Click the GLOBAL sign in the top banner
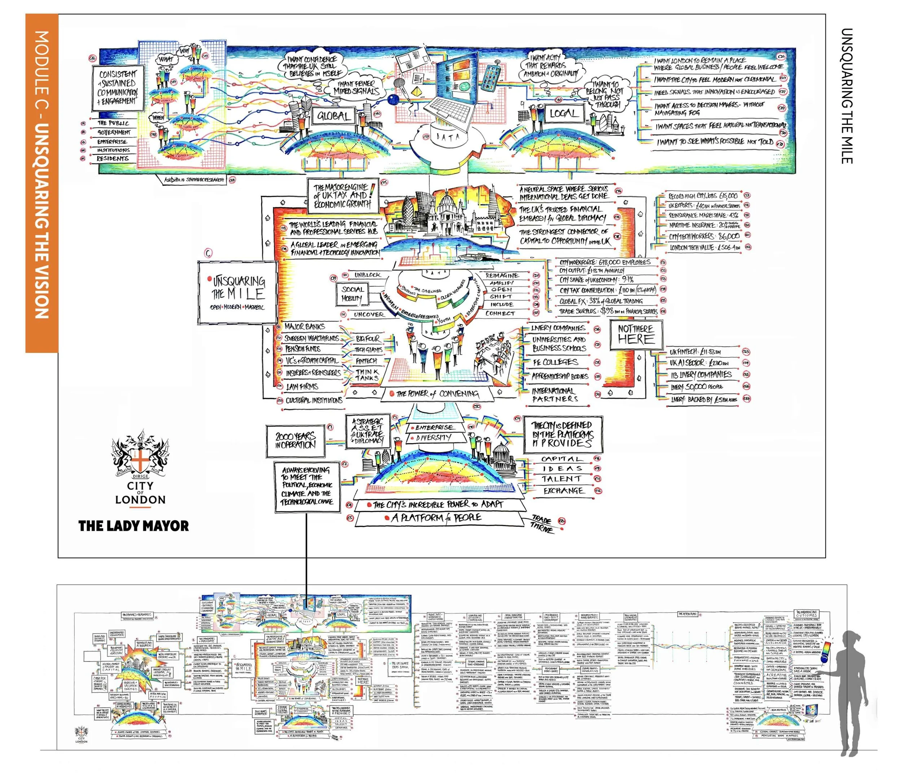pos(334,116)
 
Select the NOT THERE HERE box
pos(636,334)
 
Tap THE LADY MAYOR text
pos(133,526)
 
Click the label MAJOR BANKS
pos(305,326)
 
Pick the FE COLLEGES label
pos(555,362)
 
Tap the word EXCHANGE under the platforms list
pos(563,490)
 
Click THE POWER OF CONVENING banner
pos(438,394)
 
